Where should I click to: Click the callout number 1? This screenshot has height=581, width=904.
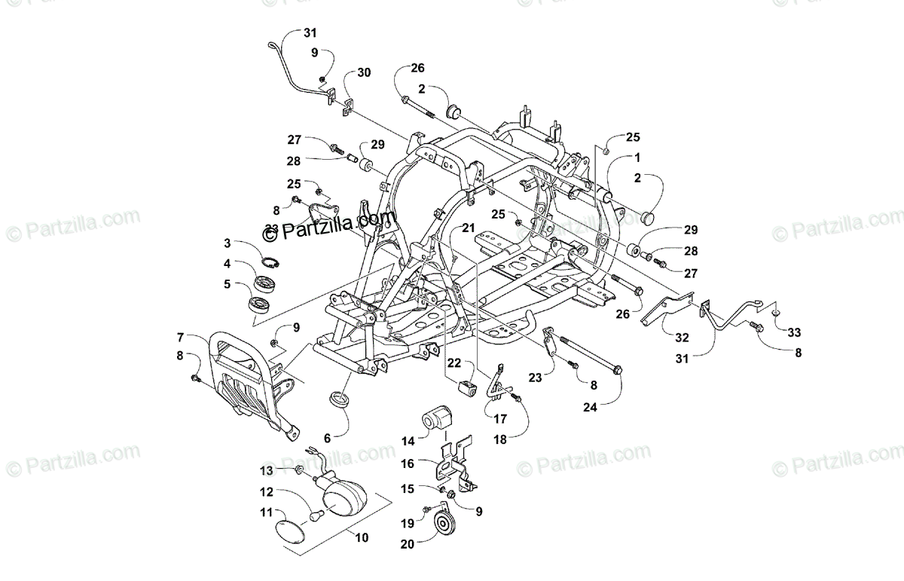click(x=637, y=159)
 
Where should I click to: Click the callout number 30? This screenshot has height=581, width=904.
click(x=364, y=73)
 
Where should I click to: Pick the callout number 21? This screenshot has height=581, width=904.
click(x=469, y=228)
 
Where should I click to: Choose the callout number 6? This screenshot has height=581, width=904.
click(x=327, y=438)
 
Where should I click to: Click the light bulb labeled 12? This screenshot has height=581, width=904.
click(x=316, y=516)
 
